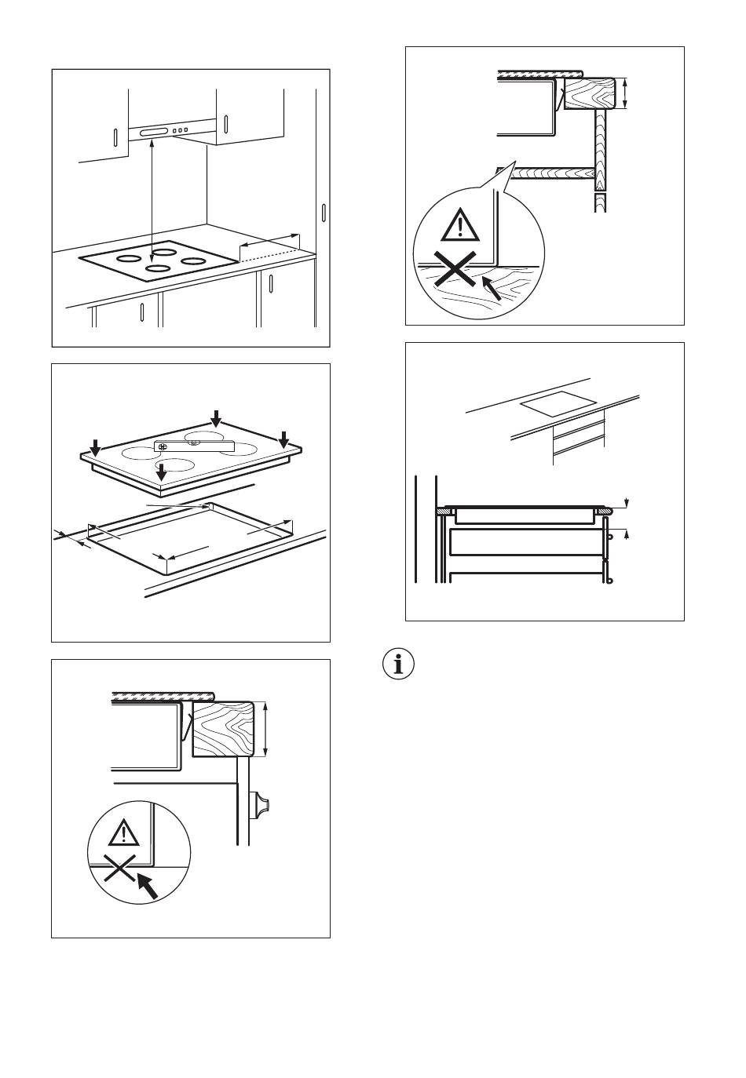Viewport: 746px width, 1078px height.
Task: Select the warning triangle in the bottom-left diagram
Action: point(123,832)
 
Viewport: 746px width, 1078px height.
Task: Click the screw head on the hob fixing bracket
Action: point(163,446)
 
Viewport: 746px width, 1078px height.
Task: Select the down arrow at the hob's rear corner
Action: point(216,417)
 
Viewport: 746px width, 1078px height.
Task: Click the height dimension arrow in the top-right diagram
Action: point(625,93)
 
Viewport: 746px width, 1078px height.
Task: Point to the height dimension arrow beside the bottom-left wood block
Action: point(266,730)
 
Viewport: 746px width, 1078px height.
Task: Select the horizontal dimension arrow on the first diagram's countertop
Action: point(269,239)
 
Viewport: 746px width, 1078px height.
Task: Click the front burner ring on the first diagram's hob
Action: point(158,269)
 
